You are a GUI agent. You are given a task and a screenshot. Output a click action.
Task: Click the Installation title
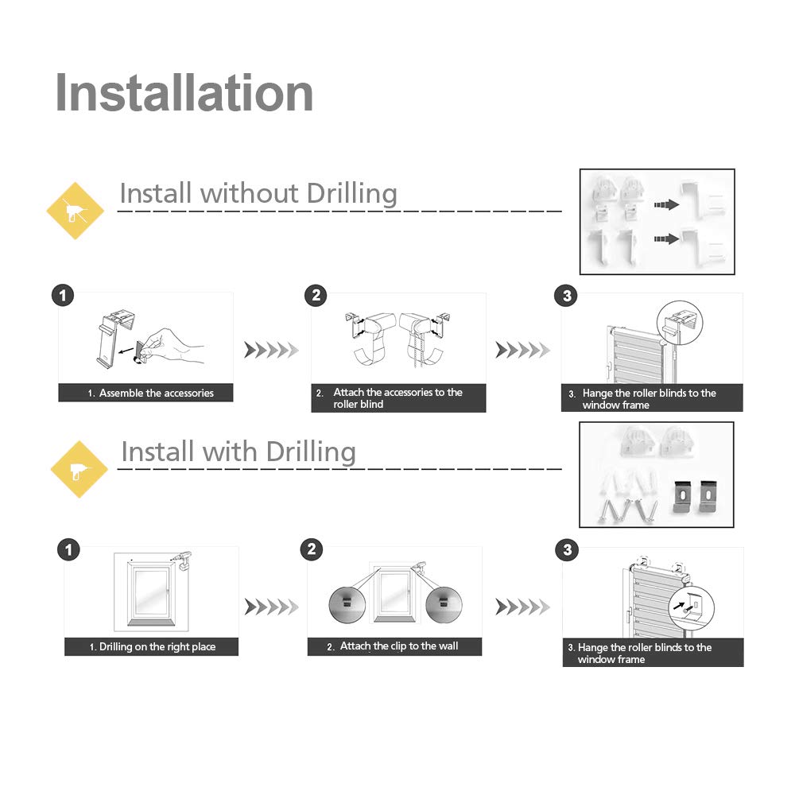tap(184, 93)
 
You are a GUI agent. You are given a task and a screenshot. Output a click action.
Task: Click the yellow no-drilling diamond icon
tap(76, 211)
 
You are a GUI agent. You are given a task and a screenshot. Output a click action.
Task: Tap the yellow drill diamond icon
tap(79, 469)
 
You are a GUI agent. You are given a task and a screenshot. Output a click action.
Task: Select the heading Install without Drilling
tap(258, 193)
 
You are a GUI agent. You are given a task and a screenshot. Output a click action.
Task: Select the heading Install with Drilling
tap(238, 452)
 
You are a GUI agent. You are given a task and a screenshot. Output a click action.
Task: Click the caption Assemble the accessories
tap(150, 393)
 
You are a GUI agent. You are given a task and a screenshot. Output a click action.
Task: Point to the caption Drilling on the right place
tap(152, 647)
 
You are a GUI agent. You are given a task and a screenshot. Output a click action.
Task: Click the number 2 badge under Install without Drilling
tap(316, 296)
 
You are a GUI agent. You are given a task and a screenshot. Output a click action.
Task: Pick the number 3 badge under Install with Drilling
tap(567, 549)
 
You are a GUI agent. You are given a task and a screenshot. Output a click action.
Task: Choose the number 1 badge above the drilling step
tap(69, 549)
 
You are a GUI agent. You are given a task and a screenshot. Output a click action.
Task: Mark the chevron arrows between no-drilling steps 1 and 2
tap(271, 350)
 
